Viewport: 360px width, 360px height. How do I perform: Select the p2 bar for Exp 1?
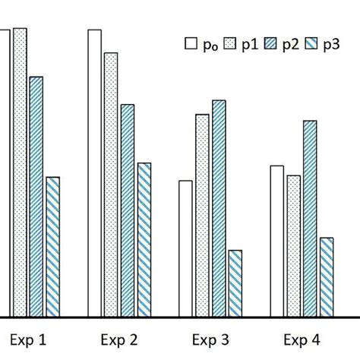click(36, 197)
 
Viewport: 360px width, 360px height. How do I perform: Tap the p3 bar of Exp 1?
click(52, 247)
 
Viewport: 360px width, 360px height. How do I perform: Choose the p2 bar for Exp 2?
click(128, 210)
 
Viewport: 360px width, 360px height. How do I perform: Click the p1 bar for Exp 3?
click(202, 216)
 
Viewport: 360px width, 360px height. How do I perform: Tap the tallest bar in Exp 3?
click(219, 208)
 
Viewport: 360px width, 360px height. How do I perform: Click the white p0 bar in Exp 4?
click(276, 241)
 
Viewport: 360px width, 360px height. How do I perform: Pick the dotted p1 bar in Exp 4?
click(293, 246)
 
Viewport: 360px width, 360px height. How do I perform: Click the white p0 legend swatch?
click(191, 46)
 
